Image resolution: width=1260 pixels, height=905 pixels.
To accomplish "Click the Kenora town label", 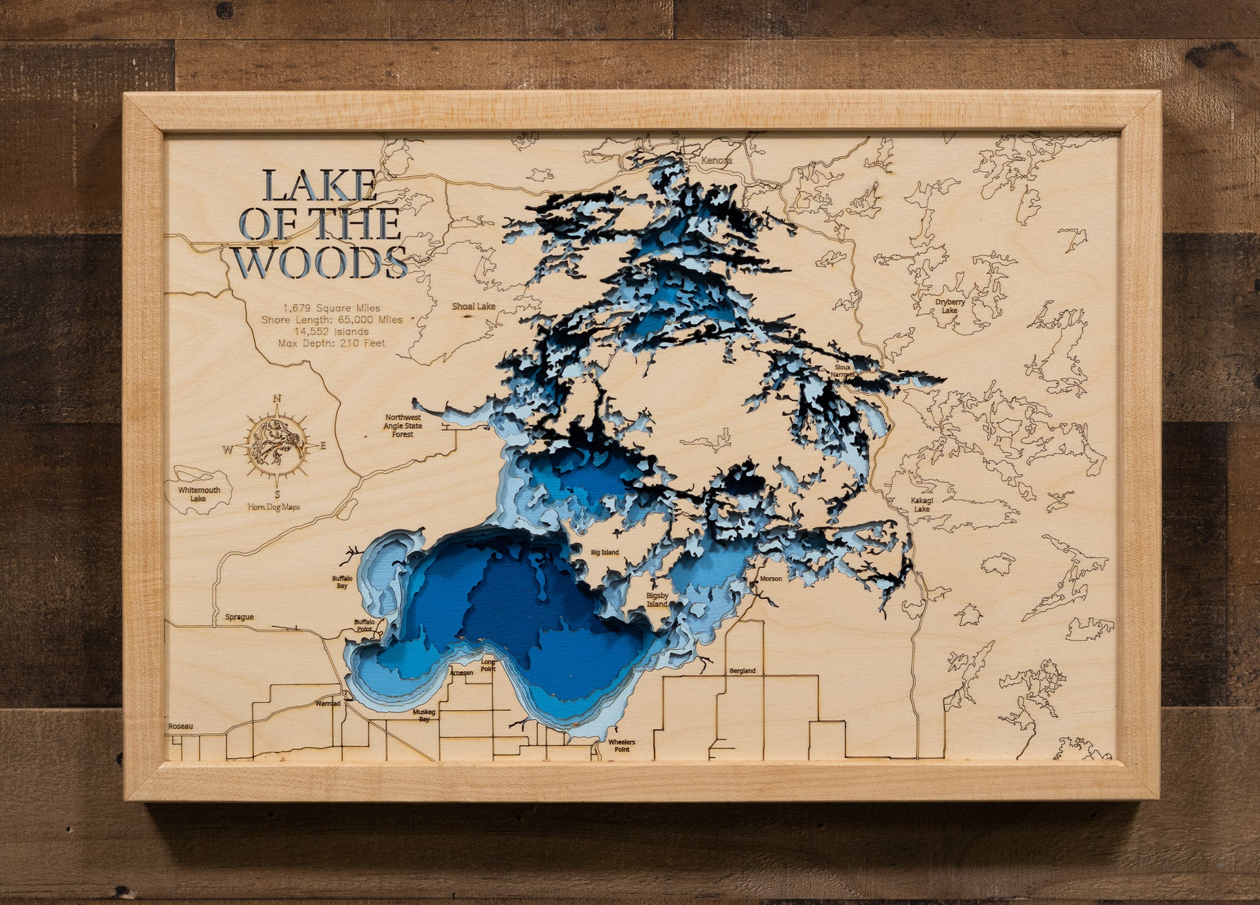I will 717,160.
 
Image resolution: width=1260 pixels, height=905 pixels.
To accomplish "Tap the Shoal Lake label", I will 473,306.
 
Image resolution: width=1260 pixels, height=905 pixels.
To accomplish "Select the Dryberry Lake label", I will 950,306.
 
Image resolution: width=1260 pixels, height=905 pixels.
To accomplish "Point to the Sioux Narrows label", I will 843,371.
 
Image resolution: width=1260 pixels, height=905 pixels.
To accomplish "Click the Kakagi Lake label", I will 921,505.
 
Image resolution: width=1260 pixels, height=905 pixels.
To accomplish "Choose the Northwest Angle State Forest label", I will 403,426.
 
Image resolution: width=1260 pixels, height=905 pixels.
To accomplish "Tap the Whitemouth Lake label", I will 199,494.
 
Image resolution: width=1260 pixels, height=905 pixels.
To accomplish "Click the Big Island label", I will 605,553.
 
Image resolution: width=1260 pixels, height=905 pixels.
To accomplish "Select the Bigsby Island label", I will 657,599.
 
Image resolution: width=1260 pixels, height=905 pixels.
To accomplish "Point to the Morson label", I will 771,579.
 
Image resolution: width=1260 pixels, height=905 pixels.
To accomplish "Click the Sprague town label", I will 239,617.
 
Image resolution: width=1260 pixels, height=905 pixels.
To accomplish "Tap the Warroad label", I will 328,703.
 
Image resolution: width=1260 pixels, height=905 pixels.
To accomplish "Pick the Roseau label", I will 181,726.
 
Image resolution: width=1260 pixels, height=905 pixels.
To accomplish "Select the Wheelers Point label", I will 622,746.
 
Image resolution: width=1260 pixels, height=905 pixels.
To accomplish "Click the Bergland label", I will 742,670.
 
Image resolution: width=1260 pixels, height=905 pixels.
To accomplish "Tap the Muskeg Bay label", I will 424,715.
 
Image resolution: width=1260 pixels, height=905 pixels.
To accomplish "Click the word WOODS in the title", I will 320,262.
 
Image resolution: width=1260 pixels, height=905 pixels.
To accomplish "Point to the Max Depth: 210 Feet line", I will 332,343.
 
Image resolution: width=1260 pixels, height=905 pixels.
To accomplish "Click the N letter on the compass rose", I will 277,398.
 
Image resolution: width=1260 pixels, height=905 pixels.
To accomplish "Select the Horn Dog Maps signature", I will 274,507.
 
